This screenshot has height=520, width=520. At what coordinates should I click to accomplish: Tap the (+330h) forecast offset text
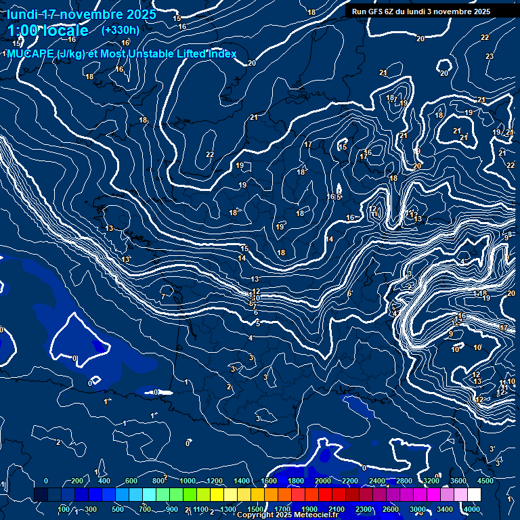pyautogui.click(x=120, y=30)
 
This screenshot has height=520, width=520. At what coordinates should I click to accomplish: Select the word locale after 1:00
pyautogui.click(x=64, y=30)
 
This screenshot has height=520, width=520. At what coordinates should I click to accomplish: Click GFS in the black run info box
pyautogui.click(x=376, y=12)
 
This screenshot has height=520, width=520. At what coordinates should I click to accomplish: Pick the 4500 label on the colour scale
pyautogui.click(x=485, y=481)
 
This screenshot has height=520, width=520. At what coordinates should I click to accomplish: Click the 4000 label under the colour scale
pyautogui.click(x=472, y=509)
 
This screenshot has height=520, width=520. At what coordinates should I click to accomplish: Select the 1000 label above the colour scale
pyautogui.click(x=187, y=481)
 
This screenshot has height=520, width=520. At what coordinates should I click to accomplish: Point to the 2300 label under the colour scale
pyautogui.click(x=364, y=509)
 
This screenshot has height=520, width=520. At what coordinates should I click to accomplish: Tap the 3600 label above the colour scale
pyautogui.click(x=458, y=481)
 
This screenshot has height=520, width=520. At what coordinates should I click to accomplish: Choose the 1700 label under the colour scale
pyautogui.click(x=282, y=509)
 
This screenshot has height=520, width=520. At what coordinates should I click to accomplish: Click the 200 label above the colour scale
pyautogui.click(x=77, y=481)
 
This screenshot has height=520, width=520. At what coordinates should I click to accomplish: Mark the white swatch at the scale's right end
pyautogui.click(x=474, y=495)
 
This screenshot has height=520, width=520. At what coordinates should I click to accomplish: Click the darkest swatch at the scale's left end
pyautogui.click(x=41, y=495)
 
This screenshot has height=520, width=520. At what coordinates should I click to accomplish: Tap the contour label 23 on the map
pyautogui.click(x=490, y=56)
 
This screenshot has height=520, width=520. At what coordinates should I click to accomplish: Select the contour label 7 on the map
pyautogui.click(x=163, y=297)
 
